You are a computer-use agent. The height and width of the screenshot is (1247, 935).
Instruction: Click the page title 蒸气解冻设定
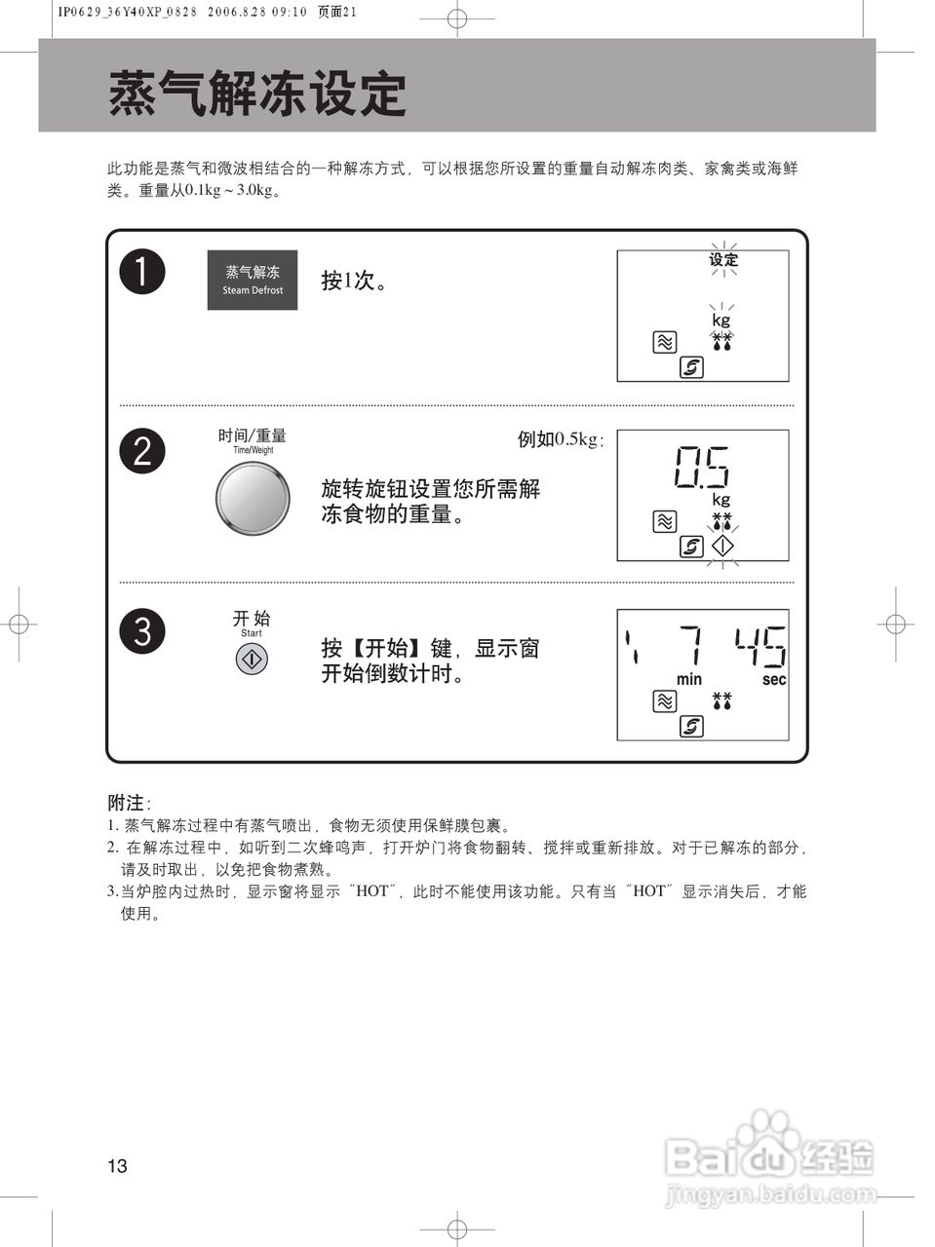tap(256, 94)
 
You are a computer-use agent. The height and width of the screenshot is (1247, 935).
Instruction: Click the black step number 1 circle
tap(142, 272)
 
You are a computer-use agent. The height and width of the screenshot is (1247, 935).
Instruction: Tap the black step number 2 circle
tap(142, 452)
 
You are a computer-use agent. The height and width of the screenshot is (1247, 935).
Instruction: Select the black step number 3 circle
tap(142, 631)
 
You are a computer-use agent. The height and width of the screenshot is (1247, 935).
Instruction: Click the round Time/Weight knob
tap(253, 499)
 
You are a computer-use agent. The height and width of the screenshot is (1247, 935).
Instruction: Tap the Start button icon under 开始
tap(252, 660)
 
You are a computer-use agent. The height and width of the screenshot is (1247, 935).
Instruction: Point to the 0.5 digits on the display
tap(701, 468)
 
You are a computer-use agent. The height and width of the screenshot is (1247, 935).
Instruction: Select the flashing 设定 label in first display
tap(723, 260)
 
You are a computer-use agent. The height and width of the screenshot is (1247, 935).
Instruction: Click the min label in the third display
tap(689, 679)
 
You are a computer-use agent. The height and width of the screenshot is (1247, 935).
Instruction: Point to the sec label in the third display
tap(774, 679)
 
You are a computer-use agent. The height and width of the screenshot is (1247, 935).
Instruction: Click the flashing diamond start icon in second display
tap(722, 547)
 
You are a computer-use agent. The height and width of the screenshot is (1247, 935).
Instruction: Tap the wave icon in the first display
tap(664, 342)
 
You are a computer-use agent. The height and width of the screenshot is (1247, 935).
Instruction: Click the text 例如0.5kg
tap(560, 439)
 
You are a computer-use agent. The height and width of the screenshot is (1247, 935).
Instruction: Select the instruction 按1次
tap(355, 281)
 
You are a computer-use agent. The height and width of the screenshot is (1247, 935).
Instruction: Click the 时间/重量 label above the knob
tap(253, 435)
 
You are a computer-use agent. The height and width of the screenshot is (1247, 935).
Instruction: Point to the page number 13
tap(117, 1166)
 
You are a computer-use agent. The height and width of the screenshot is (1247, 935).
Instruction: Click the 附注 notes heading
tap(126, 803)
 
